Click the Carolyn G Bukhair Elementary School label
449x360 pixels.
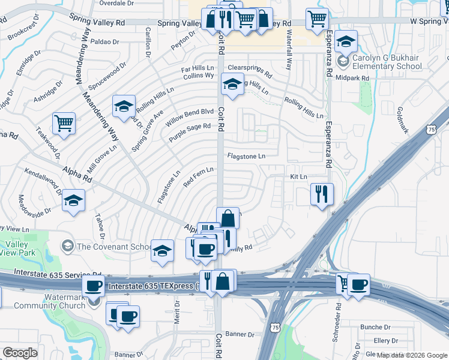pyautogui.click(x=387, y=62)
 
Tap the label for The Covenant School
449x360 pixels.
pyautogui.click(x=114, y=247)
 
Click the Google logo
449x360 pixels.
pyautogui.click(x=20, y=353)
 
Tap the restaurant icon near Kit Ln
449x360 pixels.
pyautogui.click(x=322, y=194)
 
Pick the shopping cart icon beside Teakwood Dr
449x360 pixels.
pyautogui.click(x=64, y=124)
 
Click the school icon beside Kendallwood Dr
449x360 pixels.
pyautogui.click(x=74, y=201)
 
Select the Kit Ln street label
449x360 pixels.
pyautogui.click(x=298, y=177)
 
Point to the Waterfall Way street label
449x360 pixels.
pyautogui.click(x=289, y=52)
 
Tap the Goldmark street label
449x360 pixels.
pyautogui.click(x=402, y=120)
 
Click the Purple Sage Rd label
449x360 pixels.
pyautogui.click(x=190, y=132)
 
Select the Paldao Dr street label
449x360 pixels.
pyautogui.click(x=106, y=42)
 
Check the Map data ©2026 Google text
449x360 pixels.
pyautogui.click(x=412, y=355)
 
